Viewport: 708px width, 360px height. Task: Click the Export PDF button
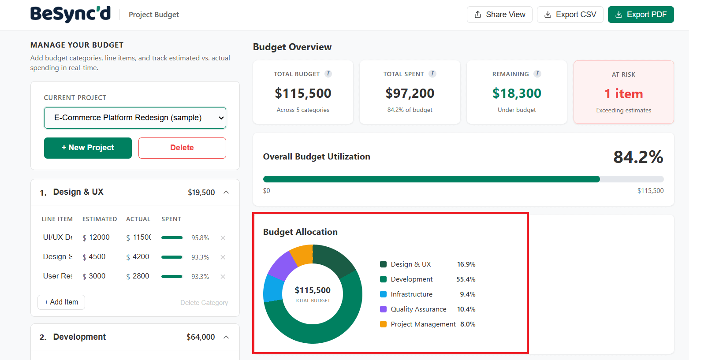(641, 15)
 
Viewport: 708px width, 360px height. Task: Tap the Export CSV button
(570, 15)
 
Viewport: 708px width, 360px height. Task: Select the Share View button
(499, 15)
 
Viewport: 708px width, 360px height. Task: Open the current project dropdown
(135, 118)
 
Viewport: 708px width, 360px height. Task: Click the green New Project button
(88, 148)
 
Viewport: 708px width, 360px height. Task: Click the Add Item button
(61, 302)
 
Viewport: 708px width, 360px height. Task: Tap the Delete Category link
(204, 303)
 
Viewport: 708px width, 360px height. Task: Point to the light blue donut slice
(273, 288)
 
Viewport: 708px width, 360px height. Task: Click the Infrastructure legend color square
(383, 294)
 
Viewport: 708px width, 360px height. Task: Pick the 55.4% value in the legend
(466, 279)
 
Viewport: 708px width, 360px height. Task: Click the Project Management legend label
(423, 324)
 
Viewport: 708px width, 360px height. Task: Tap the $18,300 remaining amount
(517, 93)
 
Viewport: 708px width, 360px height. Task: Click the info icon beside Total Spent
(432, 74)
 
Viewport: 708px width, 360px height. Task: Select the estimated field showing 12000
(99, 237)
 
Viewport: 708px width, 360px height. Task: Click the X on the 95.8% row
(223, 238)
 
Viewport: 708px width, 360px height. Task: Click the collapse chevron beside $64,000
(226, 337)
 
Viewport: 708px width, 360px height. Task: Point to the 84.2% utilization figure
(638, 157)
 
